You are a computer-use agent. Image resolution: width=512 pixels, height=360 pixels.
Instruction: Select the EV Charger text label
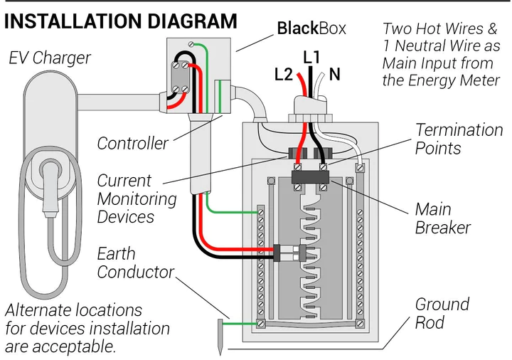(50, 58)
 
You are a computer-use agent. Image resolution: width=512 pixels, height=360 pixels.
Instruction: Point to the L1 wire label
(311, 56)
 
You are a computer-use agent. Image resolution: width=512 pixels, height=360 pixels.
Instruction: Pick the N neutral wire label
(334, 73)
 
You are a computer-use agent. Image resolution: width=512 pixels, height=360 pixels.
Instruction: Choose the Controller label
(132, 143)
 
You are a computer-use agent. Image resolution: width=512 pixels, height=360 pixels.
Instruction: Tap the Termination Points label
(458, 139)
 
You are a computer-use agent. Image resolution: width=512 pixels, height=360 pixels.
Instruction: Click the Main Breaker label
(442, 218)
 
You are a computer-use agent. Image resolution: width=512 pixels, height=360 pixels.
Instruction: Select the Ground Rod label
(442, 313)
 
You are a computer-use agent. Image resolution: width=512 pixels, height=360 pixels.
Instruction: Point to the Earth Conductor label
(134, 263)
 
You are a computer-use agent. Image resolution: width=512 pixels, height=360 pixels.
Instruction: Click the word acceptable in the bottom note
(79, 347)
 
